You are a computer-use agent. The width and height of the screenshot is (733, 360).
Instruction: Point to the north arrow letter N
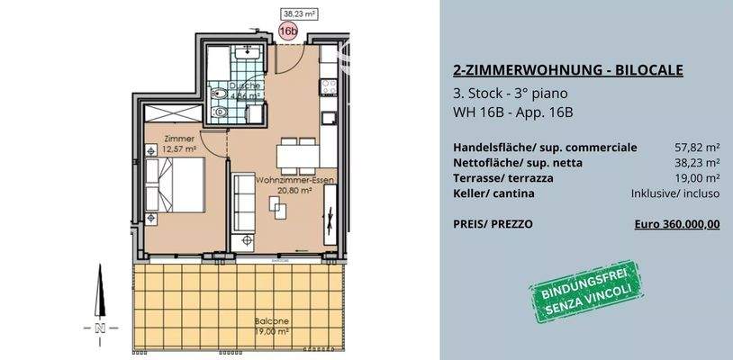pos(102,327)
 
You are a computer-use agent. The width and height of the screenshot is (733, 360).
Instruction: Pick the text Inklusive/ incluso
pos(675,193)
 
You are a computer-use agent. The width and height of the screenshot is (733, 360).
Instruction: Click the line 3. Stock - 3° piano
pos(511,94)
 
